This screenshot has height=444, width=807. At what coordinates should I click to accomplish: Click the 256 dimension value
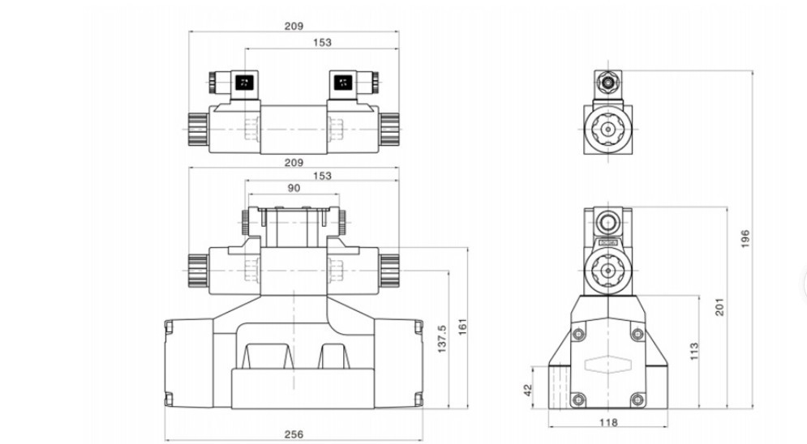coord(294,434)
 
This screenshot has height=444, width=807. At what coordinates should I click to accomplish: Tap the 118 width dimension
coord(607,422)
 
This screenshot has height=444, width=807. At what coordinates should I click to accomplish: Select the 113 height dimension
coord(694,350)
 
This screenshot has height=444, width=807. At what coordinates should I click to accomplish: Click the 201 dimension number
coord(719,307)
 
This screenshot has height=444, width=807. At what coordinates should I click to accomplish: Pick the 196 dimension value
coord(745,238)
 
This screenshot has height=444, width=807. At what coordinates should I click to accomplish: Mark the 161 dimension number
coord(464,327)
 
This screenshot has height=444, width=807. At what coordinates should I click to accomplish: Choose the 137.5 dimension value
coord(442,341)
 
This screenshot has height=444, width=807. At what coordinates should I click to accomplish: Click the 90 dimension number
coord(294,188)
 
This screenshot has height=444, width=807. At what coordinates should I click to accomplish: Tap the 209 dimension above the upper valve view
coord(294,27)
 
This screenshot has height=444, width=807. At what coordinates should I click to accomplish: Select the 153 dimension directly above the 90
coord(321,176)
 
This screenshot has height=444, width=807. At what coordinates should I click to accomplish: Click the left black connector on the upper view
coord(243,82)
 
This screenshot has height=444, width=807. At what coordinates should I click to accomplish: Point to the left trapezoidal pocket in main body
coord(264,357)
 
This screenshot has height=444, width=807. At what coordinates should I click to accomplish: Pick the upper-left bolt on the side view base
coord(577,335)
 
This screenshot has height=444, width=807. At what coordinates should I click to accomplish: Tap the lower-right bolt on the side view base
coord(637,399)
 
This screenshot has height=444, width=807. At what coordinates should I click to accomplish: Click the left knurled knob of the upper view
coord(197,127)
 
